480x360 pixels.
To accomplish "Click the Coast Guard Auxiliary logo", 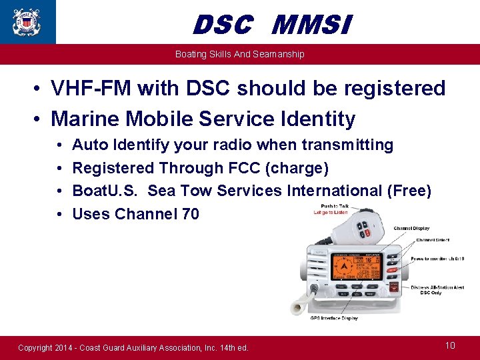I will click(x=27, y=21).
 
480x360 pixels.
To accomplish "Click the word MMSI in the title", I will click(x=311, y=26).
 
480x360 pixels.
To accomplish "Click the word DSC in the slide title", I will click(x=223, y=26).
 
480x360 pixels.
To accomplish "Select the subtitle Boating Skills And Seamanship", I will click(x=239, y=54).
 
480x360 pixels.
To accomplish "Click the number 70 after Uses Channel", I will click(x=189, y=214).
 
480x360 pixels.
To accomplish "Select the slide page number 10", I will click(x=450, y=345).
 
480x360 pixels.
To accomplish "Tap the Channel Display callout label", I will click(x=411, y=228).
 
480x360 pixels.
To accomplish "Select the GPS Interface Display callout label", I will click(x=333, y=318).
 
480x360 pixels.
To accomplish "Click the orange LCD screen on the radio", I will click(x=353, y=265).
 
